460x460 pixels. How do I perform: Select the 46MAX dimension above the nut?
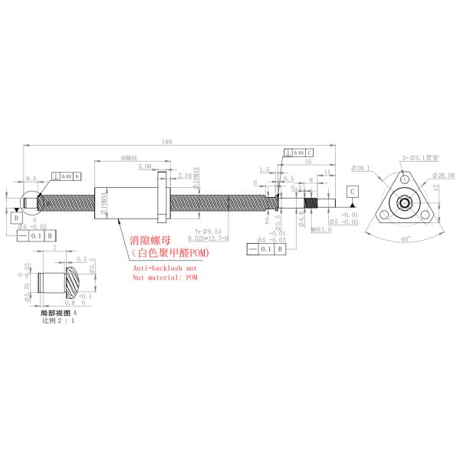tap(128, 157)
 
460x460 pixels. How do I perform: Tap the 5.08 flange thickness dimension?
tap(144, 166)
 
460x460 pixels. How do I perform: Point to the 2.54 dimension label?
tap(184, 176)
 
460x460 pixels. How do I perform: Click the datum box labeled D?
tap(16, 218)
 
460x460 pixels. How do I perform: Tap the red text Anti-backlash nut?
tap(164, 269)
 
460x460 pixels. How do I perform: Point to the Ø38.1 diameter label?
tap(360, 166)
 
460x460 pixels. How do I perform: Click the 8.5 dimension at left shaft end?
tap(31, 178)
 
